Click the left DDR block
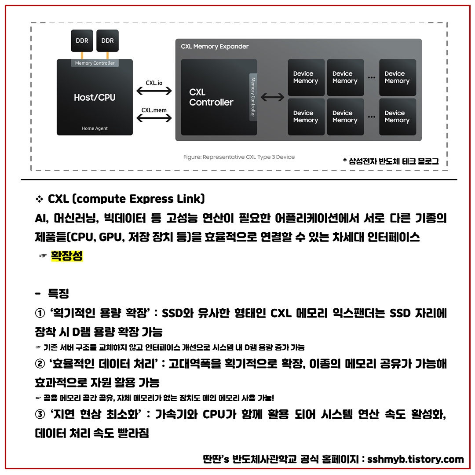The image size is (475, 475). pos(82,40)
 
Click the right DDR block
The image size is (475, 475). pos(107,40)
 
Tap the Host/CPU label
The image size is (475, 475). pos(95,97)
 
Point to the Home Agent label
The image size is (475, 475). pos(95,128)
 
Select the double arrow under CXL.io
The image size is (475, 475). pos(154,91)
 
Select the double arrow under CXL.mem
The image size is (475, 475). pos(154,118)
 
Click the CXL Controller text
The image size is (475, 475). pos(211,97)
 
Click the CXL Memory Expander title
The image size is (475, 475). pos(215,47)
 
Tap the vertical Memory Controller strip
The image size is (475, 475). pos(253,97)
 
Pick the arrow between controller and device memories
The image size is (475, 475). pos(273,97)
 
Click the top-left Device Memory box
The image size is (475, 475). pos(306,77)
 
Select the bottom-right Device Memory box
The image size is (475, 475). pos(397,117)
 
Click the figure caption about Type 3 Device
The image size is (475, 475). pos(239,157)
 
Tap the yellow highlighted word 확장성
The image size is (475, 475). pos(67,256)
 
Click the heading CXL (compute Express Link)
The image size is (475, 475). pos(126,199)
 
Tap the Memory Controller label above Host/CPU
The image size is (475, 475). pos(95,63)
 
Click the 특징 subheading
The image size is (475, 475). pos(58,293)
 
